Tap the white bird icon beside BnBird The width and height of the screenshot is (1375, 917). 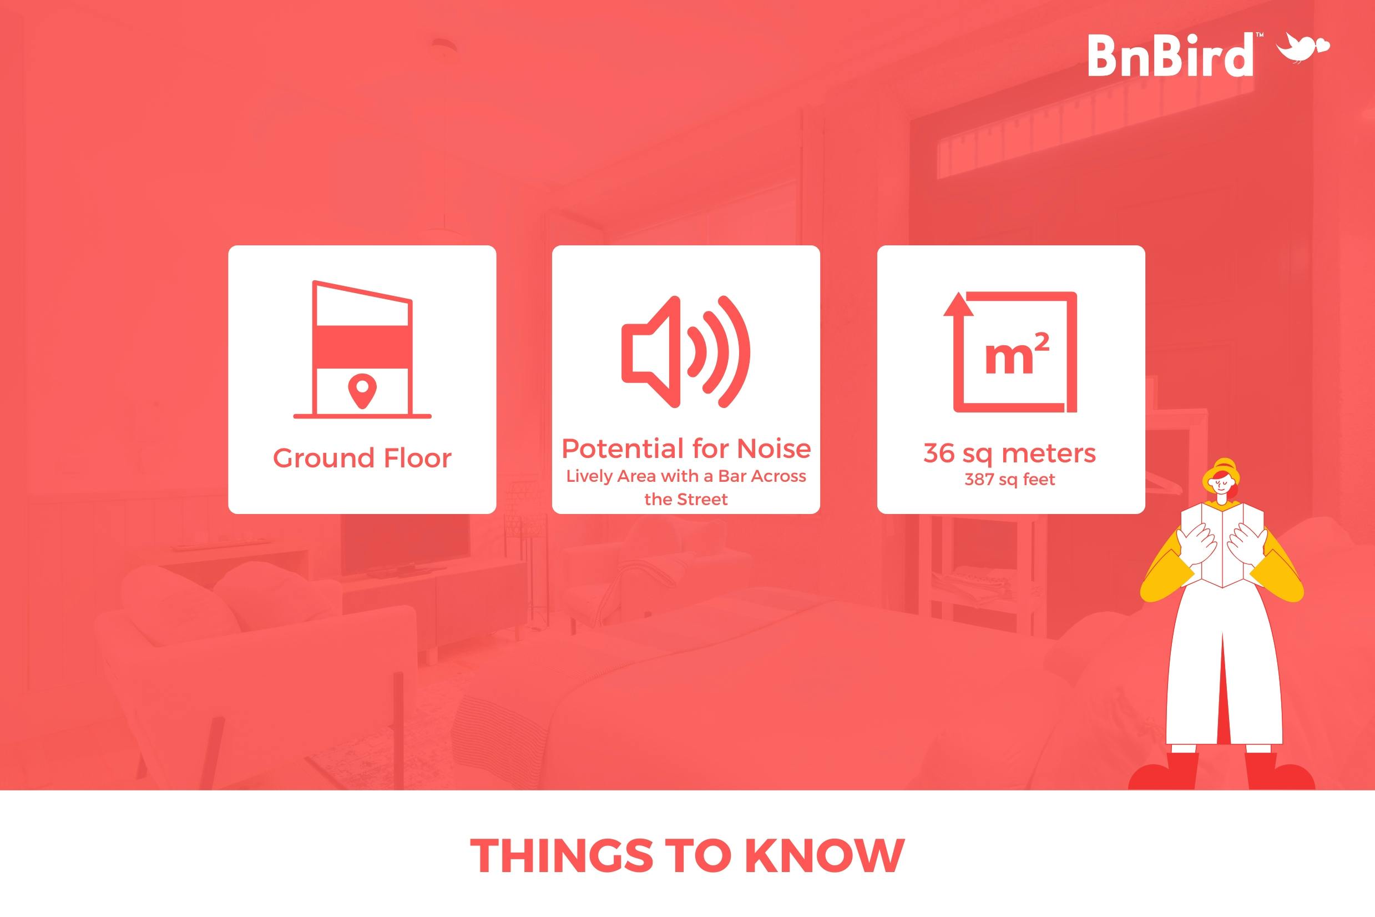(x=1303, y=48)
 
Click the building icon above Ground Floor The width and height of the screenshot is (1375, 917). (x=362, y=349)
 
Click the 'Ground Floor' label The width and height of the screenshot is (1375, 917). (x=362, y=458)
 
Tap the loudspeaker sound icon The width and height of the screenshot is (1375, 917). (x=686, y=351)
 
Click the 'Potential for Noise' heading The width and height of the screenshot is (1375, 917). (x=686, y=449)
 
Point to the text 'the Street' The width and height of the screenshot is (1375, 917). (x=686, y=500)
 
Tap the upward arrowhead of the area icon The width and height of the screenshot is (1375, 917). (x=958, y=304)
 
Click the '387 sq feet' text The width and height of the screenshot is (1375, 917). (x=1010, y=480)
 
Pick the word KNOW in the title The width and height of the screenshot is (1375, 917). (x=825, y=855)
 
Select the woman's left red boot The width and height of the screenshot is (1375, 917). (x=1164, y=772)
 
